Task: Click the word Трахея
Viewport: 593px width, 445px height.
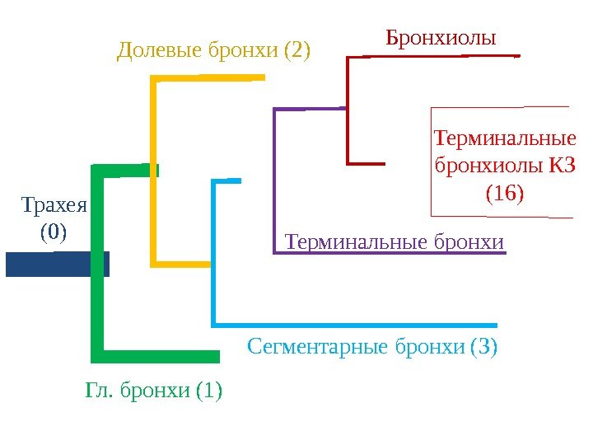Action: coord(54,204)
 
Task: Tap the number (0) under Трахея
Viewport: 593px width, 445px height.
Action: coord(54,232)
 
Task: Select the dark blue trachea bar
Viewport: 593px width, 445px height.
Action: coord(56,264)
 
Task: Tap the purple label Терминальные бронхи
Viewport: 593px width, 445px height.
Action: coord(394,242)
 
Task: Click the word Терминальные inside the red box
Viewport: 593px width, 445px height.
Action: coord(504,137)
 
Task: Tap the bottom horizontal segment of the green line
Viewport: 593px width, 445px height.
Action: coord(156,356)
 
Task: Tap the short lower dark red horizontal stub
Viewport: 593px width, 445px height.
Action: coord(367,163)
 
